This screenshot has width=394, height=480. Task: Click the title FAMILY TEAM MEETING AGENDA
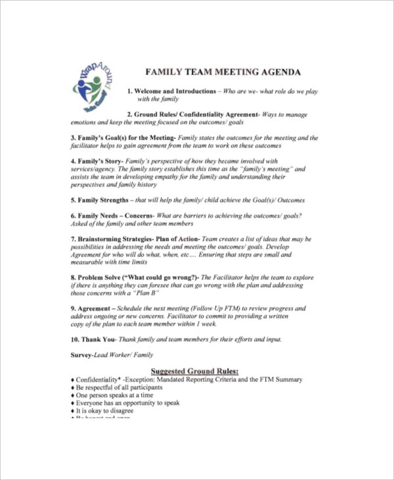pos(223,72)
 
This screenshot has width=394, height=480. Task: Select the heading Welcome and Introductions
pos(175,91)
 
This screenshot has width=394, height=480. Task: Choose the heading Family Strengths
pos(102,200)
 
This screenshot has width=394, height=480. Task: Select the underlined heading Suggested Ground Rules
pos(195,371)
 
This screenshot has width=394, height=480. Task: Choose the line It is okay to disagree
pos(104,412)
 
